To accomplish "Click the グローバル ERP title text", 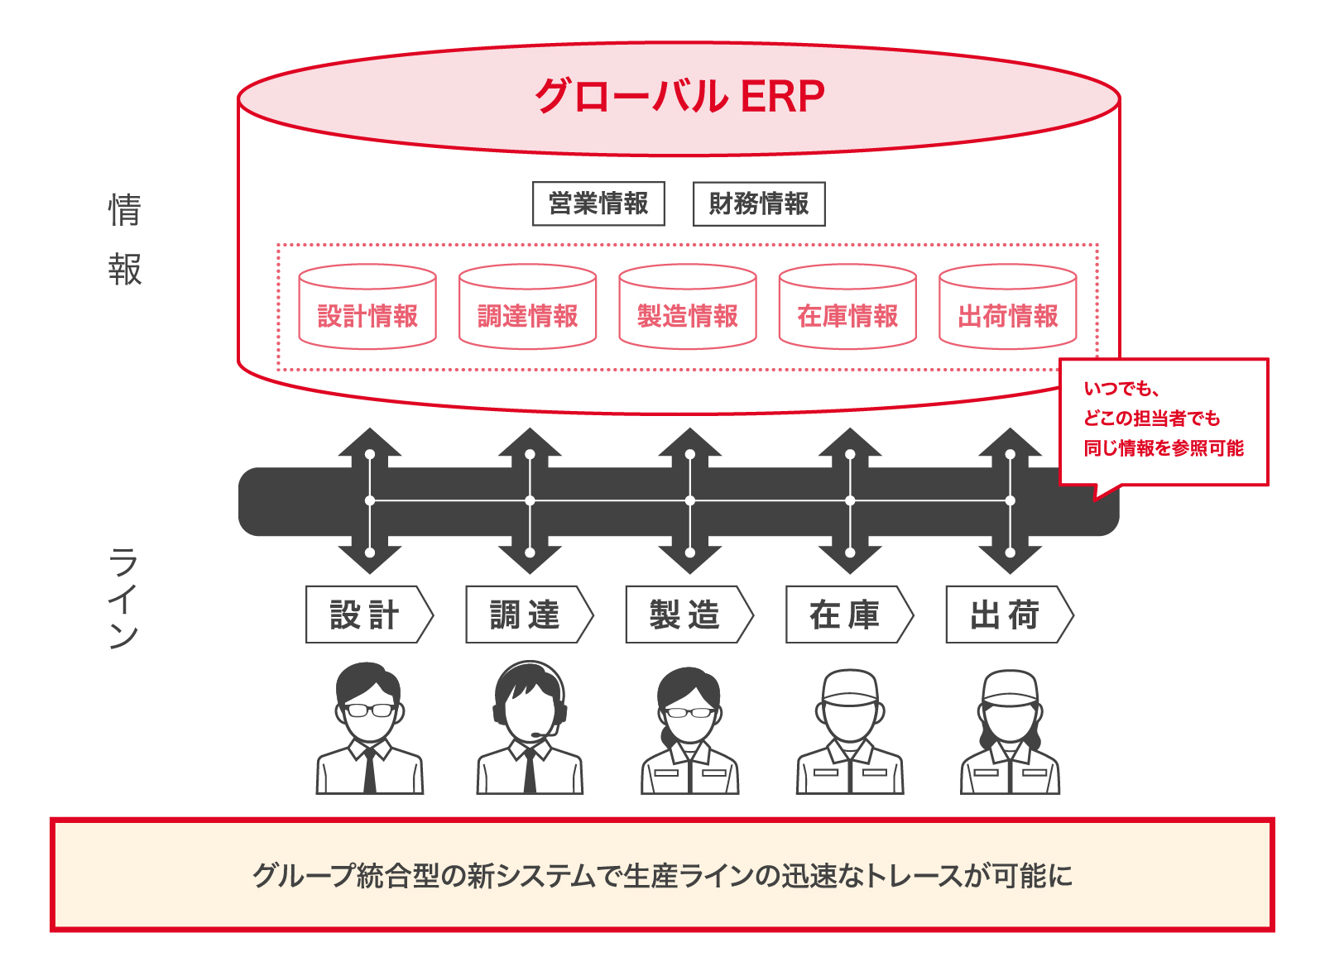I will [x=679, y=97].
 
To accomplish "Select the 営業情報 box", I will [x=598, y=203].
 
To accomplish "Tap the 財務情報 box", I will [x=759, y=203].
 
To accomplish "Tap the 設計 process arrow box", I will [x=366, y=615].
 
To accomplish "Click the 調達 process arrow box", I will [x=526, y=615].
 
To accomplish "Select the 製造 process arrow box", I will [x=686, y=615].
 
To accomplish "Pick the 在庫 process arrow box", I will [x=846, y=615].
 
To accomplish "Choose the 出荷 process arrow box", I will [x=1006, y=615].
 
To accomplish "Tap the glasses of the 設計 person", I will [x=369, y=710].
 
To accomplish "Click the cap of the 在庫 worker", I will [x=850, y=686].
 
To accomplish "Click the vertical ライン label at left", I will [x=123, y=597].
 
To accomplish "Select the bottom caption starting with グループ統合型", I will [x=662, y=875].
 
